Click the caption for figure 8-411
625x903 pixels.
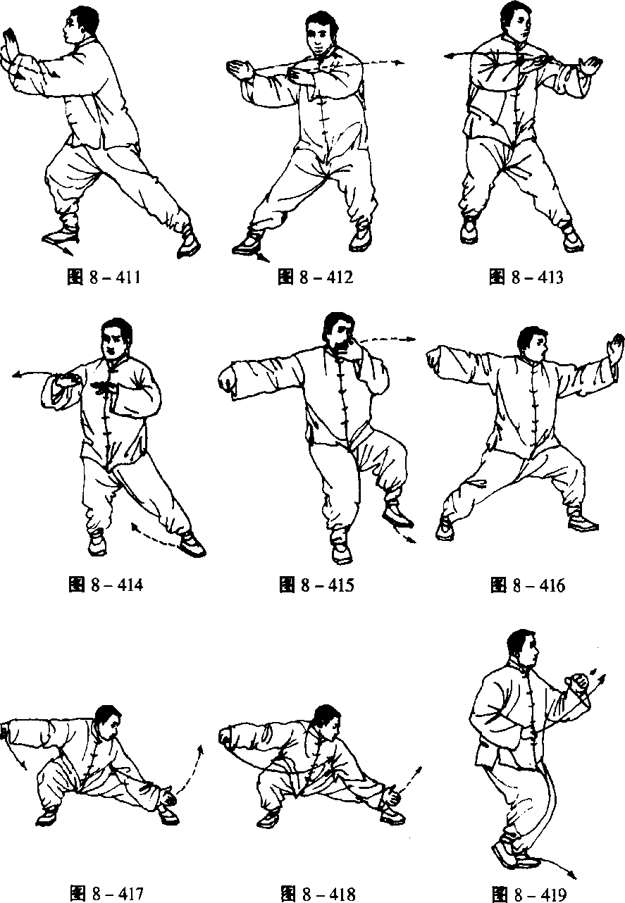pyautogui.click(x=104, y=278)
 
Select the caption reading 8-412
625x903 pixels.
pyautogui.click(x=316, y=278)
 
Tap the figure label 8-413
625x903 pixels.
pyautogui.click(x=526, y=278)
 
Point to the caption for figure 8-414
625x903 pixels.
pyautogui.click(x=106, y=585)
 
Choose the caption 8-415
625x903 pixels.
pyautogui.click(x=316, y=585)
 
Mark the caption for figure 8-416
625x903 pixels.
pyautogui.click(x=528, y=585)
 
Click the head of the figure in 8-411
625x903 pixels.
pyautogui.click(x=80, y=23)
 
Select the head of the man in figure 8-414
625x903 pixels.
pyautogui.click(x=116, y=339)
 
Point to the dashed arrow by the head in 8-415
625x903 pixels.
pyautogui.click(x=387, y=339)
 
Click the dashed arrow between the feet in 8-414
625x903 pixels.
pyautogui.click(x=155, y=536)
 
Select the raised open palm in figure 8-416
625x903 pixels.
pyautogui.click(x=616, y=349)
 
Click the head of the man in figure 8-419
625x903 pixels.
pyautogui.click(x=523, y=647)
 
